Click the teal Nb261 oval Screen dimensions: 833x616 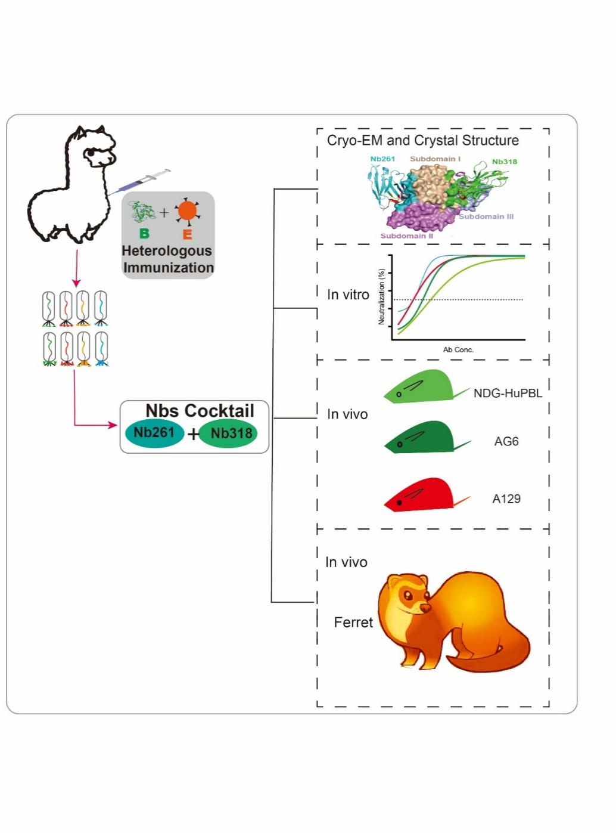pos(154,433)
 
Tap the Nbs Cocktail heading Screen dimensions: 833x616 pos(200,411)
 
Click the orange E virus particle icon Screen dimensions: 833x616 pos(187,211)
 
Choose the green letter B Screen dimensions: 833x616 pos(144,233)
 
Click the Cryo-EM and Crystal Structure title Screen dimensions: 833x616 pos(423,141)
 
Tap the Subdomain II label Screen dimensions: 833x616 pos(407,236)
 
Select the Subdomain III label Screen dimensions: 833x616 pos(486,216)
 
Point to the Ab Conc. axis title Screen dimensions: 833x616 pos(458,350)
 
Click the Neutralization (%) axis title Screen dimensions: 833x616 pos(381,296)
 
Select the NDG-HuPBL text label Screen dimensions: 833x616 pos(508,393)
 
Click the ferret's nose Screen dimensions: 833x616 pos(426,608)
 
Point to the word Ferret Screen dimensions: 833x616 pos(353,623)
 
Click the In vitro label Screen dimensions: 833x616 pos(348,295)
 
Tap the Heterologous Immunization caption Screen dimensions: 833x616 pos(168,259)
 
